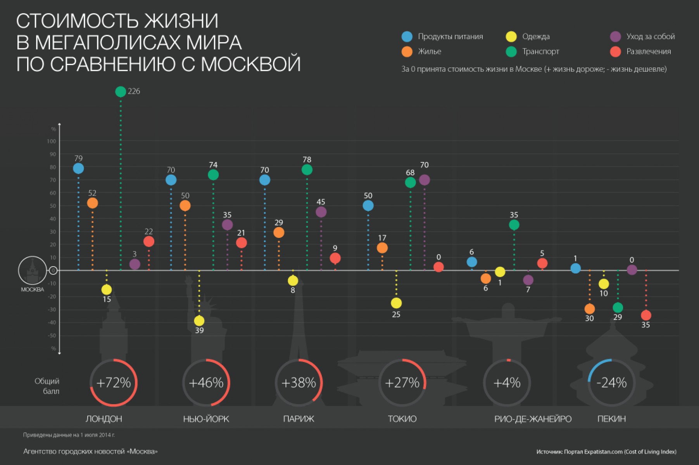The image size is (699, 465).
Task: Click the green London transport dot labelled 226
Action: pyautogui.click(x=121, y=91)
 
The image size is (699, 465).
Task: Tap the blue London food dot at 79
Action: pyautogui.click(x=78, y=169)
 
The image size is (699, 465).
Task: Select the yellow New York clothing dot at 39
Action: pyautogui.click(x=199, y=321)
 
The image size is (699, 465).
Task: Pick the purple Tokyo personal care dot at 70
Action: pyautogui.click(x=425, y=180)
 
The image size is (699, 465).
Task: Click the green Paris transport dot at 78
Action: pyautogui.click(x=307, y=170)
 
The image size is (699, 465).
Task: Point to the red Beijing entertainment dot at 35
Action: pyautogui.click(x=646, y=315)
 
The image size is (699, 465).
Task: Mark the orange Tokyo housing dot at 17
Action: pyautogui.click(x=382, y=248)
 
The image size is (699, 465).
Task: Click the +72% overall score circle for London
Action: pyautogui.click(x=114, y=383)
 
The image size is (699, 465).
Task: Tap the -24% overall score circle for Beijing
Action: pyautogui.click(x=611, y=383)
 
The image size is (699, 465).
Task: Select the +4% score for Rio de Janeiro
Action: pyautogui.click(x=507, y=383)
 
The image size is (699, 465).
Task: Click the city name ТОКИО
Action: pyautogui.click(x=402, y=419)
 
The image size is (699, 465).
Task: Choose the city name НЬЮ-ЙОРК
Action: pyautogui.click(x=206, y=419)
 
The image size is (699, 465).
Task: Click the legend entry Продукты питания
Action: pyautogui.click(x=450, y=36)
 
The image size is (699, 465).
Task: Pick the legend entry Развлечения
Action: pyautogui.click(x=649, y=52)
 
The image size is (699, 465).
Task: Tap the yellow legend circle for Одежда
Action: pyautogui.click(x=511, y=37)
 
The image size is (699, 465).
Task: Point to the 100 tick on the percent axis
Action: pyautogui.click(x=52, y=141)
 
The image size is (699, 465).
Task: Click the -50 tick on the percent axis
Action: pyautogui.click(x=52, y=336)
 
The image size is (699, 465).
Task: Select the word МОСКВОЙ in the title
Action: pyautogui.click(x=250, y=64)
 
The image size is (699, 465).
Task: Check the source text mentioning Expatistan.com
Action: pyautogui.click(x=606, y=452)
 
